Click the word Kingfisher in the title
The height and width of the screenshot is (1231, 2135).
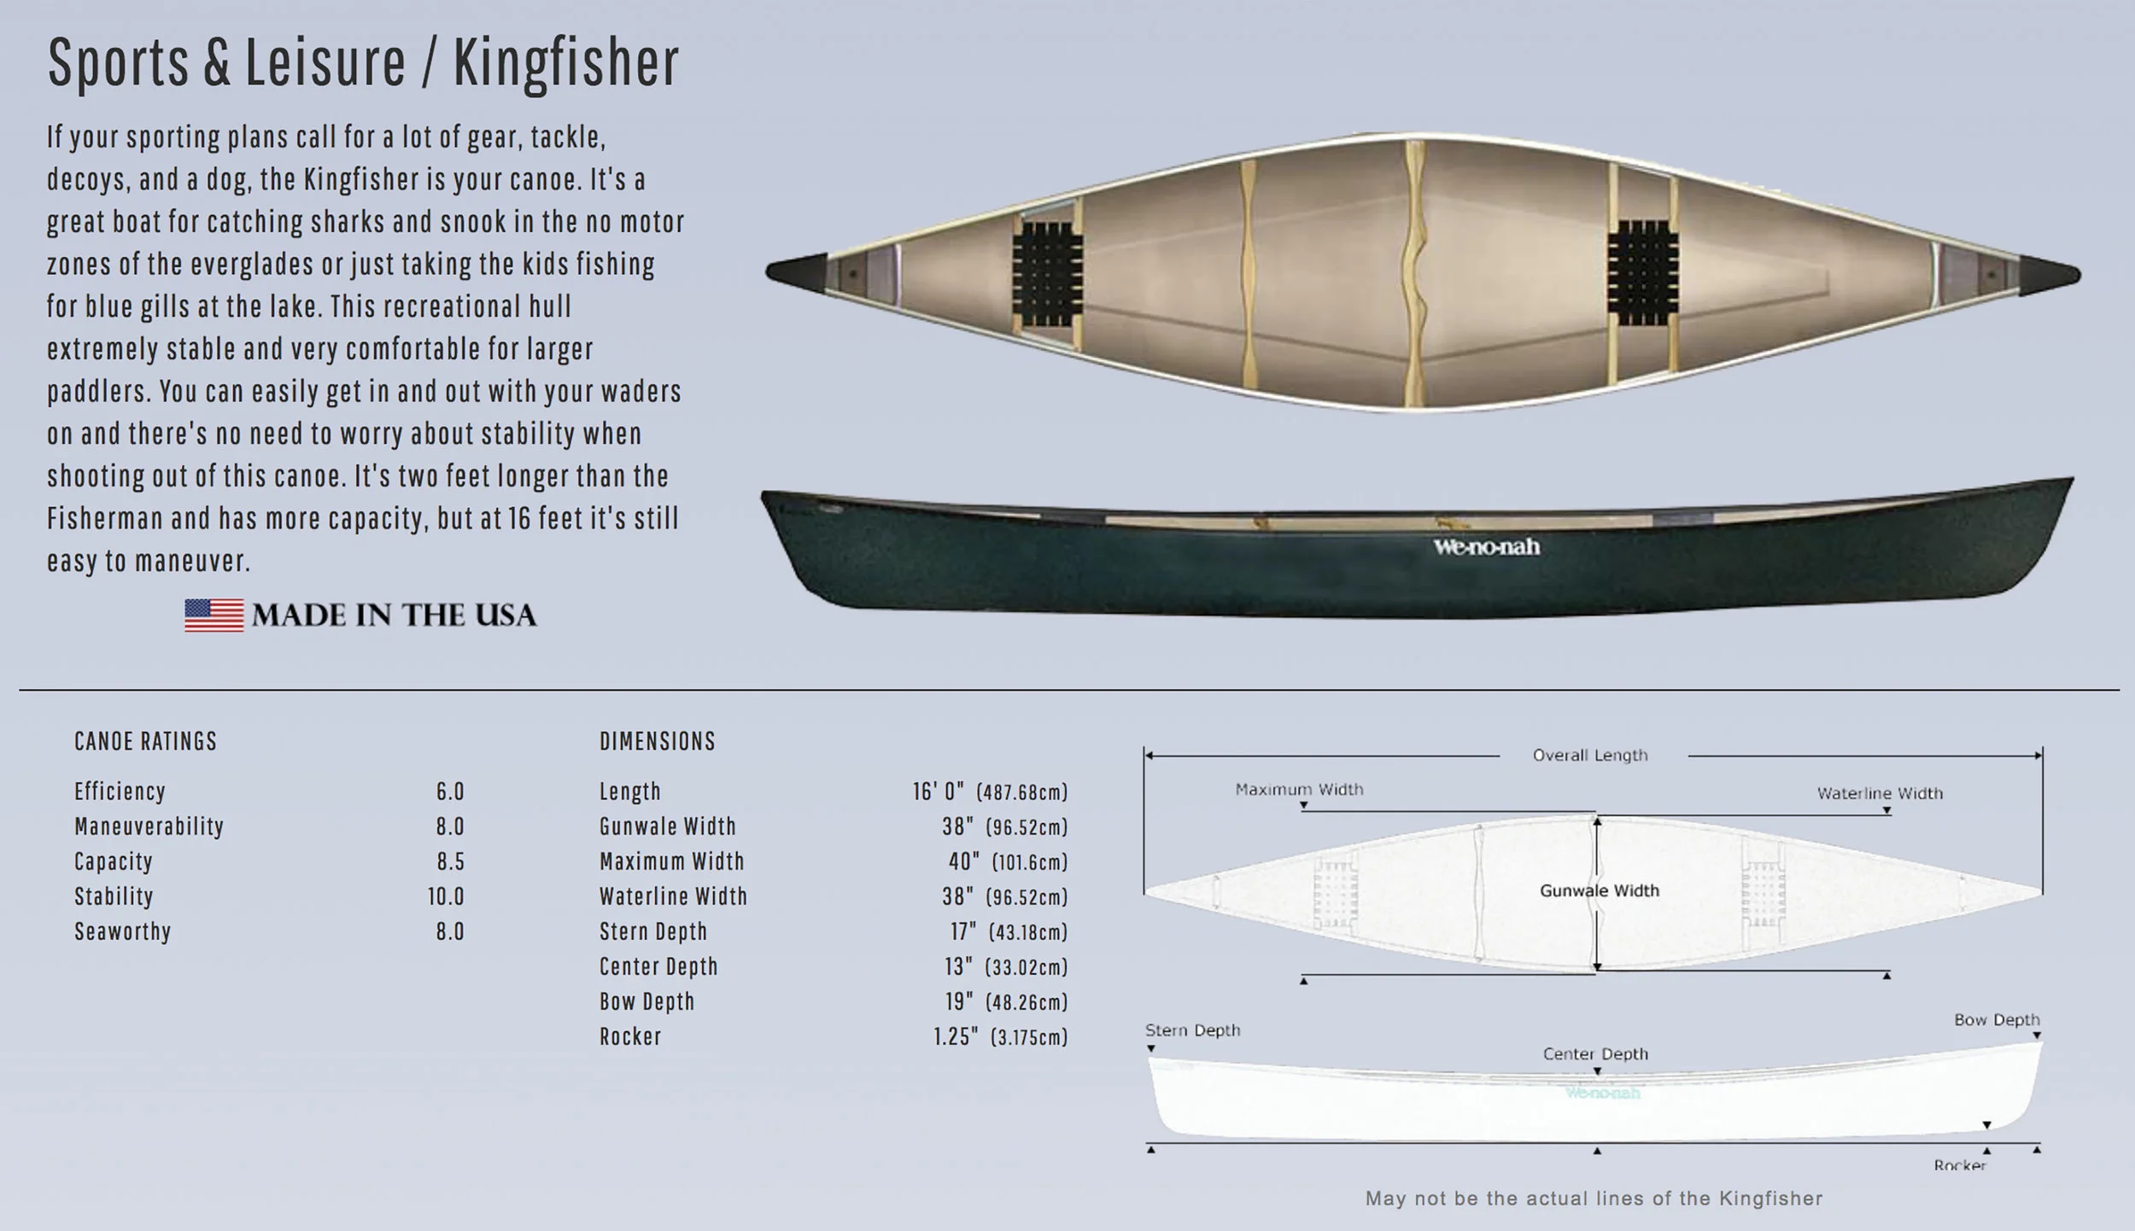pyautogui.click(x=565, y=63)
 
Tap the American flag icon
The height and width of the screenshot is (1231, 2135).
pyautogui.click(x=213, y=615)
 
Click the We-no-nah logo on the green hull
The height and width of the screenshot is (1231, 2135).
pyautogui.click(x=1486, y=546)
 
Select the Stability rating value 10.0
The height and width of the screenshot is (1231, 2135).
pyautogui.click(x=446, y=896)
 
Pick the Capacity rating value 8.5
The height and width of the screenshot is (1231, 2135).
pyautogui.click(x=450, y=861)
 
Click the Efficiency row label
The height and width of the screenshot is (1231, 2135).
pyautogui.click(x=120, y=791)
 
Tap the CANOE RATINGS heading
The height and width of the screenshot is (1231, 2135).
pyautogui.click(x=145, y=741)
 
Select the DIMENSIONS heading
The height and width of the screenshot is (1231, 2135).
pyautogui.click(x=657, y=741)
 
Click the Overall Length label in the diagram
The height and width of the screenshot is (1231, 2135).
pyautogui.click(x=1589, y=756)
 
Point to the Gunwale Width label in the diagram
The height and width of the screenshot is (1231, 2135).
pyautogui.click(x=1599, y=891)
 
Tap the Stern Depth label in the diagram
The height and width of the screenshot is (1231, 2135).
pyautogui.click(x=1192, y=1030)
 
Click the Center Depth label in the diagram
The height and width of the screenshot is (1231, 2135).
pyautogui.click(x=1594, y=1054)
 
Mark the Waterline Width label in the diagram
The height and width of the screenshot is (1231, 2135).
pyautogui.click(x=1880, y=793)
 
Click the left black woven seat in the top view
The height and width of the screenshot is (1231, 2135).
pyautogui.click(x=1047, y=275)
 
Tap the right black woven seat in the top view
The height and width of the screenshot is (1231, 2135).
pyautogui.click(x=1637, y=275)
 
